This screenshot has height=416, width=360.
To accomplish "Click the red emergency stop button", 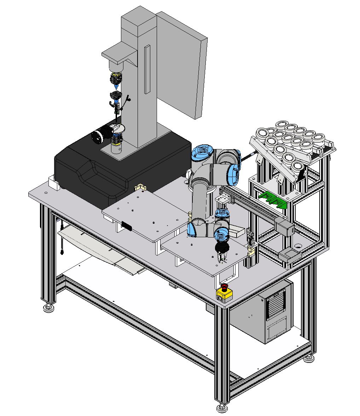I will [224, 286].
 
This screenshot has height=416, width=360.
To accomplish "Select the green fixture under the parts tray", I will [273, 199].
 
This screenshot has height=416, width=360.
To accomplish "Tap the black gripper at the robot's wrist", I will [222, 248].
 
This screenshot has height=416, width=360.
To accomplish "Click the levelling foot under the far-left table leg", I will [49, 308].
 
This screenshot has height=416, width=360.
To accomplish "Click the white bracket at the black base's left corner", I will [53, 183].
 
